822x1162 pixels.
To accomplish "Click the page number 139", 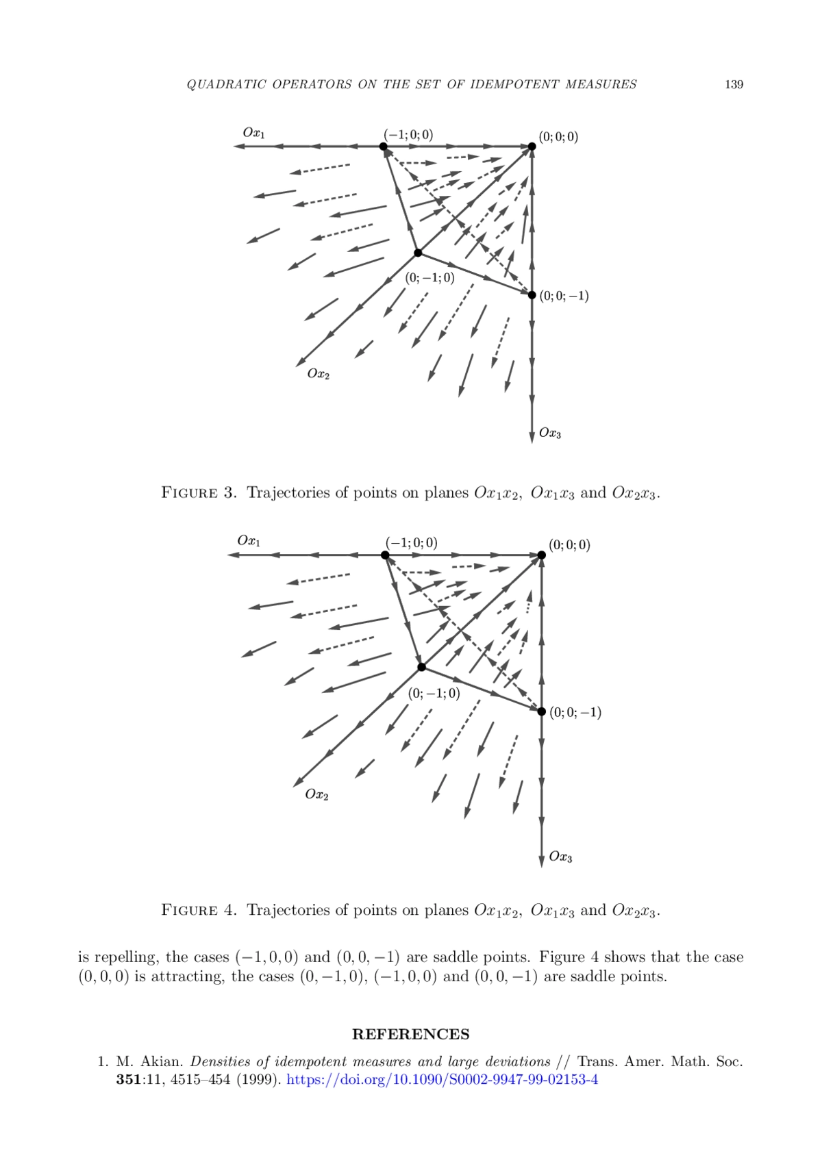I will [733, 85].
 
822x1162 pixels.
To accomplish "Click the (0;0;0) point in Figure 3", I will [532, 146].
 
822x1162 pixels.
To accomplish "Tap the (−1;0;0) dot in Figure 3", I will [383, 146].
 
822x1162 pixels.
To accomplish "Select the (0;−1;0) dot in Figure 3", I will [418, 253].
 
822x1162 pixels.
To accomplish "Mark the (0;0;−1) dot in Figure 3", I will [532, 295].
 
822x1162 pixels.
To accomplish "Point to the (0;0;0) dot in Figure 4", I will [541, 555].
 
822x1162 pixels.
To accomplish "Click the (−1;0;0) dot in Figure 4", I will [385, 555].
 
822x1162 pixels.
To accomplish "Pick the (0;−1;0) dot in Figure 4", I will [422, 667].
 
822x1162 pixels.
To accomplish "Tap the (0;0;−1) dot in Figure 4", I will [541, 711].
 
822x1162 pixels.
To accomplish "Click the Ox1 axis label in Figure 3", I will [253, 132].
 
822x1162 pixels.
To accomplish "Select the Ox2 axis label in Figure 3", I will [318, 375].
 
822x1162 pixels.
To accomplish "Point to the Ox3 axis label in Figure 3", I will [549, 433].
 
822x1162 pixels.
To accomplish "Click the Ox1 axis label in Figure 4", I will [248, 540].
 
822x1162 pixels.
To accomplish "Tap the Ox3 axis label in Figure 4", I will [560, 857].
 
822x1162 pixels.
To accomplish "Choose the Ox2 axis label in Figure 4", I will [316, 794].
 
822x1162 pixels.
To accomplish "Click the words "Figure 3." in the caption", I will [199, 492].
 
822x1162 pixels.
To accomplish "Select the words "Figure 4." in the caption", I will [199, 910].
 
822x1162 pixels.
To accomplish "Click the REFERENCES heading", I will [410, 1034].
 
